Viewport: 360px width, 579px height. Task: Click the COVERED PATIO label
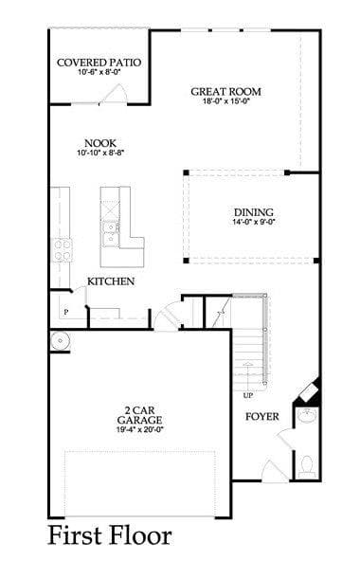[99, 63]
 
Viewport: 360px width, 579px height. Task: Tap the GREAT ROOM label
[225, 92]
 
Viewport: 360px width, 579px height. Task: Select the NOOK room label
[100, 143]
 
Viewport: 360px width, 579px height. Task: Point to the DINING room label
[254, 212]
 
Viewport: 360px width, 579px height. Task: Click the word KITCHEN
[111, 281]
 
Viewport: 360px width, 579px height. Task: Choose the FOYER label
[262, 417]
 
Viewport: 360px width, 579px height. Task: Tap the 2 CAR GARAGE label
[139, 415]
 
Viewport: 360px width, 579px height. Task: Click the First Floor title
[110, 535]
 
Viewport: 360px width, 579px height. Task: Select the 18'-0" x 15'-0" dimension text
[226, 100]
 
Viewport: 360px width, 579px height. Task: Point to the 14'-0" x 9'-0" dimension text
[254, 222]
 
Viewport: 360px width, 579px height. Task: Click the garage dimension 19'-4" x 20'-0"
[139, 429]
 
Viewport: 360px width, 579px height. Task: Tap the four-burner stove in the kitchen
[62, 250]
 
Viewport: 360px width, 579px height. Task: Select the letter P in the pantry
[66, 313]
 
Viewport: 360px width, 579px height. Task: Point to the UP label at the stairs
[248, 395]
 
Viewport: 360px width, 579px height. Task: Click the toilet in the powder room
[306, 466]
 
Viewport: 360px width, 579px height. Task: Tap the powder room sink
[307, 415]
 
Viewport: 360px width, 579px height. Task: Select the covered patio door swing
[115, 94]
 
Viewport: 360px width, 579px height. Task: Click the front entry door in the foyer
[275, 472]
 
